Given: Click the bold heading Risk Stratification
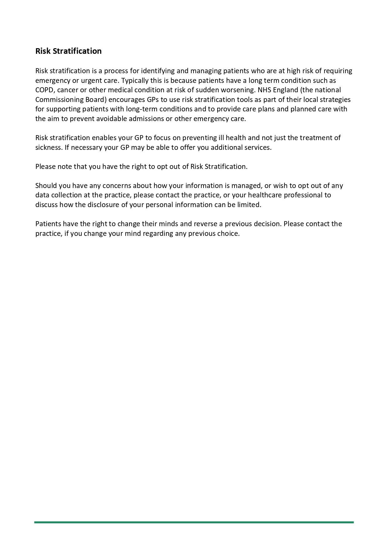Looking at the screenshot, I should click(x=68, y=51).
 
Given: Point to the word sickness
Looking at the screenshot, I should click(x=48, y=148).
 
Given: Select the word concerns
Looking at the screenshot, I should click(x=117, y=186).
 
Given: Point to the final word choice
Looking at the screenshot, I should click(x=228, y=234).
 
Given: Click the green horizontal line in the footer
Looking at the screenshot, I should click(x=194, y=522).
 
